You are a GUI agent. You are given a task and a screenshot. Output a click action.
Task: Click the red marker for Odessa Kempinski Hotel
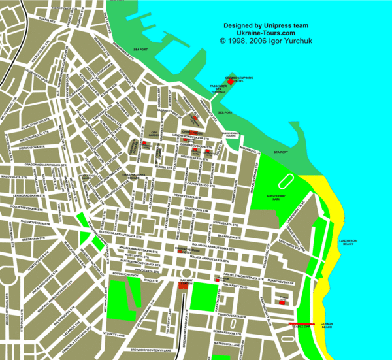tap(230, 82)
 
